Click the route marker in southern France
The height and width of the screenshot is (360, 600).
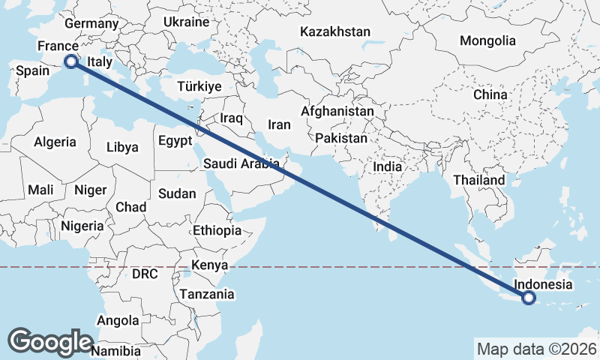tap(71, 61)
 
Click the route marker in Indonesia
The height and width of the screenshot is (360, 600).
tap(529, 298)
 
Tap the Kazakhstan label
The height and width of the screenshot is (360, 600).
tap(335, 31)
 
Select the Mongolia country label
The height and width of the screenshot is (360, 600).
tap(488, 40)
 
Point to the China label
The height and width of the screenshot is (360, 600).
tap(490, 95)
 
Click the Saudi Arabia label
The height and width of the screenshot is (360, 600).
tap(240, 163)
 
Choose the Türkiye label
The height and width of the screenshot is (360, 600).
tap(199, 86)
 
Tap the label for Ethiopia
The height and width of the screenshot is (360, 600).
tap(217, 230)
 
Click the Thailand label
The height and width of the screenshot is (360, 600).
tap(479, 181)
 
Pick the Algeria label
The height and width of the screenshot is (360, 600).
tap(55, 142)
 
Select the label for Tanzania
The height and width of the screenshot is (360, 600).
tap(206, 294)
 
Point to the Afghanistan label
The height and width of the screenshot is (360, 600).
tap(337, 111)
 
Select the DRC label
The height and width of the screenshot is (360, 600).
tap(145, 274)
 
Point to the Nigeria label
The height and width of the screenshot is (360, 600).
tap(82, 226)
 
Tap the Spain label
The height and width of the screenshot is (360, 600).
tap(32, 71)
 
